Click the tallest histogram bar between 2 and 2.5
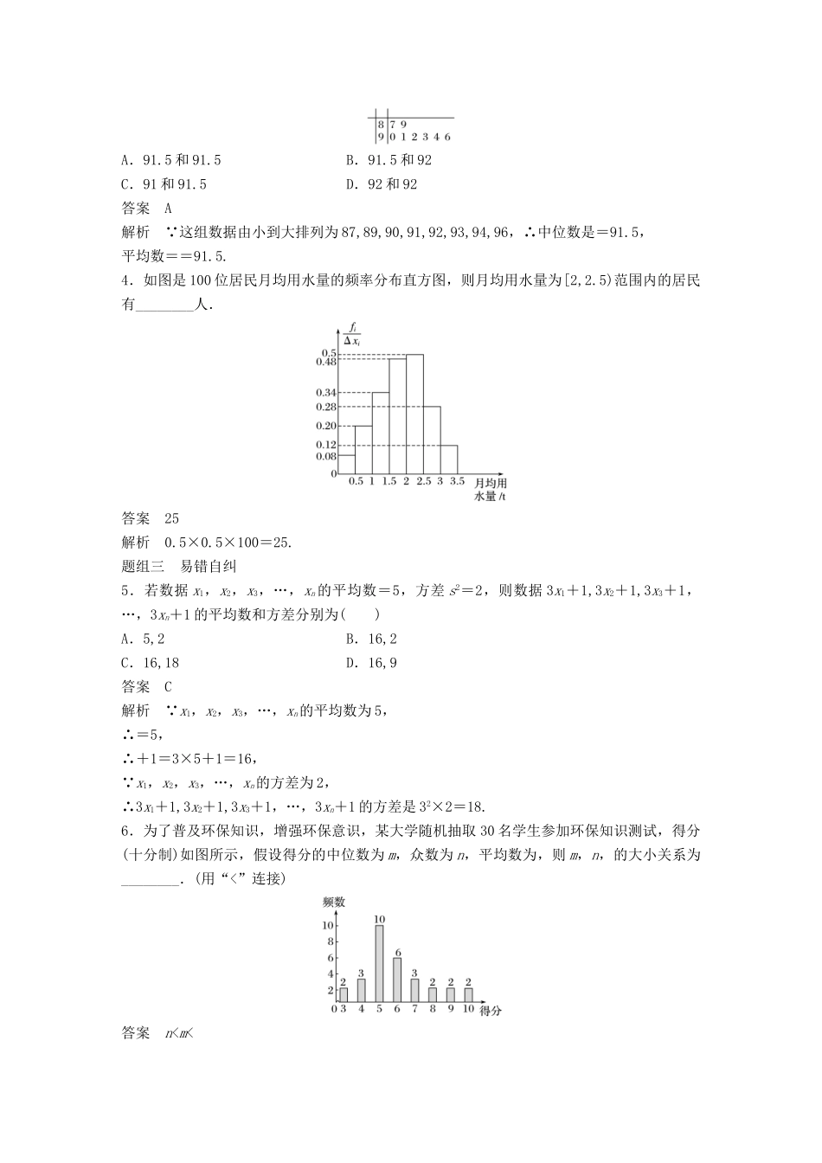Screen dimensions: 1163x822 pos(414,414)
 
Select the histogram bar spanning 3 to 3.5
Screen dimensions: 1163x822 pos(448,459)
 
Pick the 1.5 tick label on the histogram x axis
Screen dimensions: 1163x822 pos(389,481)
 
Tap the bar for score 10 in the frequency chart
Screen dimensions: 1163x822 pos(468,995)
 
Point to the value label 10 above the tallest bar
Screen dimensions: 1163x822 pos(379,919)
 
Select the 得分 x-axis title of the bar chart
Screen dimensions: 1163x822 pos(490,1010)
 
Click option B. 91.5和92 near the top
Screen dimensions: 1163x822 pos(389,160)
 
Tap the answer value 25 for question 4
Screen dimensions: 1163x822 pos(171,518)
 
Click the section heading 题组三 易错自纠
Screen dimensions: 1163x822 pos(180,567)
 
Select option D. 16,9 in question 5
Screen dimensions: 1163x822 pos(371,663)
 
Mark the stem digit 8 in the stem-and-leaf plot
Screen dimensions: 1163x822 pos(380,125)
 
